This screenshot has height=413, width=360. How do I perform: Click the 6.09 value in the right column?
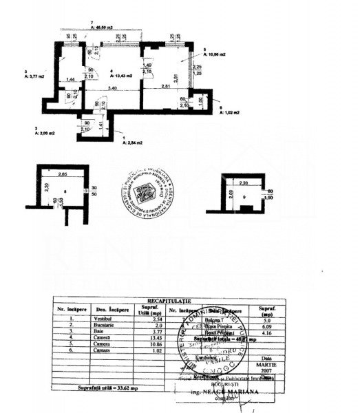pos(268,326)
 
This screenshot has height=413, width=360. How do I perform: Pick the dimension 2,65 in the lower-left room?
pos(61,175)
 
